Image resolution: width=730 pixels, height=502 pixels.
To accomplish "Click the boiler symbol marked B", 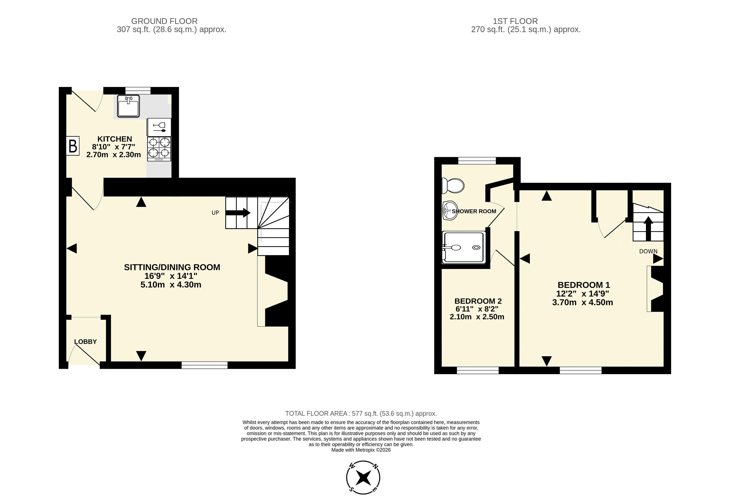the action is (x=73, y=146).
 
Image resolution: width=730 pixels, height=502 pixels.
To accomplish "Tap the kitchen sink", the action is (x=128, y=106).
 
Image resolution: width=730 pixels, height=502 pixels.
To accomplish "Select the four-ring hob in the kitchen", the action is (x=159, y=149).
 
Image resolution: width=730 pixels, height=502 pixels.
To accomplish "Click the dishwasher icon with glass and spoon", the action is (x=159, y=127).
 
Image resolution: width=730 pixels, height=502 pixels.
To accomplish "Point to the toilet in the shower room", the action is (x=453, y=186).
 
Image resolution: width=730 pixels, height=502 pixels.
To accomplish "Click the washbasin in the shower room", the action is (x=450, y=210).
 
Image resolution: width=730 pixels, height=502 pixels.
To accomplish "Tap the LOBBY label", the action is (x=85, y=342).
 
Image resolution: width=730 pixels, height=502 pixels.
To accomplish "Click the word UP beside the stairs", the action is (x=215, y=213).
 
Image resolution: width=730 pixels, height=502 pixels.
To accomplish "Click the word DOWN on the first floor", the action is (x=648, y=251).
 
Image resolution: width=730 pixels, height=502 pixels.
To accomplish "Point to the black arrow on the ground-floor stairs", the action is (x=238, y=213).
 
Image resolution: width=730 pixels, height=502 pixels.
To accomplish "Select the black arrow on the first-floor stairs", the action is (x=648, y=228).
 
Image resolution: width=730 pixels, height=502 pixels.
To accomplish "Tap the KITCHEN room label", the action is (x=115, y=139).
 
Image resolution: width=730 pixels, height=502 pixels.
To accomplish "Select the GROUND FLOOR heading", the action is (x=164, y=21).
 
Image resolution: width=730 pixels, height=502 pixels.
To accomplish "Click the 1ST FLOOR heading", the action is (x=515, y=21).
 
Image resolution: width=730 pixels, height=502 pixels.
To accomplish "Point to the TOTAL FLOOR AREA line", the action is (x=361, y=414).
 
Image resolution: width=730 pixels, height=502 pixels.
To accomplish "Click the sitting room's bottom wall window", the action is (x=204, y=365).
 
